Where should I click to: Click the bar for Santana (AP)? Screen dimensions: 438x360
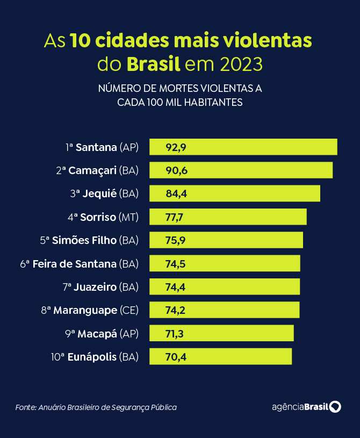click(243, 147)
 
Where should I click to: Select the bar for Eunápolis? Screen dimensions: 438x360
click(220, 356)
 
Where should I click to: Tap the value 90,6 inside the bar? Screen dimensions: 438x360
click(176, 170)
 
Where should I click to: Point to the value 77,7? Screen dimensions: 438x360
click(175, 217)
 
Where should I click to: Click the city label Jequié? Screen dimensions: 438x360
click(99, 194)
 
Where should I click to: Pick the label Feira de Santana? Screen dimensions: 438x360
click(74, 264)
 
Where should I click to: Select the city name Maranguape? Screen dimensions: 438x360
click(85, 310)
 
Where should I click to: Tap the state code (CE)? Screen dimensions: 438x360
click(129, 310)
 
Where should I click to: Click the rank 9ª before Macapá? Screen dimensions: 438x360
click(70, 334)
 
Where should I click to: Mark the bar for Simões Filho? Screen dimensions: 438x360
click(226, 240)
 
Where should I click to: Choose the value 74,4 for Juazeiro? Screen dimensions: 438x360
click(175, 287)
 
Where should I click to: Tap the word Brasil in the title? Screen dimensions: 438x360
click(153, 64)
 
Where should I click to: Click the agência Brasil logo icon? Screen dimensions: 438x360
click(335, 407)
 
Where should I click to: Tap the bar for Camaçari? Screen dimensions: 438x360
click(241, 170)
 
